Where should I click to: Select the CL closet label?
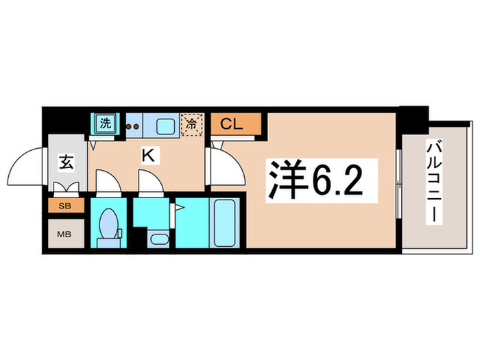coord(235,125)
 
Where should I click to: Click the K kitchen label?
coord(147,156)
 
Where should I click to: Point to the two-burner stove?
coord(133,125)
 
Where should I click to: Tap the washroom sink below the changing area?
coord(156,239)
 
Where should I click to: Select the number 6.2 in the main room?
coord(336,180)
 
